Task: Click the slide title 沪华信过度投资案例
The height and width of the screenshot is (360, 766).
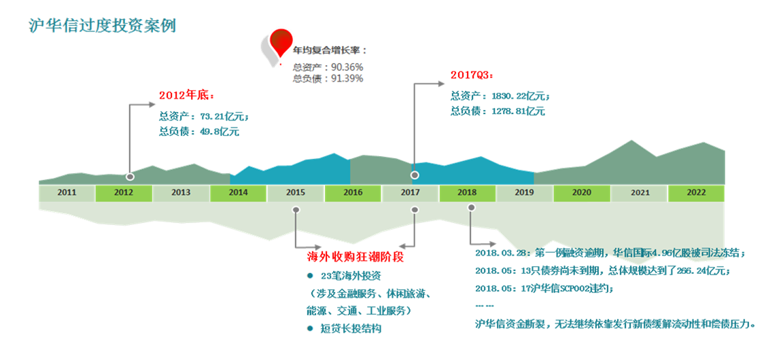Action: coord(102,25)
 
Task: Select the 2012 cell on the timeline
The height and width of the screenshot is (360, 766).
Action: coord(124,192)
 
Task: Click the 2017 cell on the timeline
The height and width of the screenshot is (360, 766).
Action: coord(410,192)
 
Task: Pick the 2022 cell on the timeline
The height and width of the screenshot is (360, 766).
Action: coord(696,192)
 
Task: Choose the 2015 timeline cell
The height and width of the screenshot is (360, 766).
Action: coord(296,192)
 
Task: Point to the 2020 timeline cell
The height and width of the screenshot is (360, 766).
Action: coord(581,192)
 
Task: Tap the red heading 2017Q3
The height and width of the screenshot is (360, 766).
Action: coord(471,75)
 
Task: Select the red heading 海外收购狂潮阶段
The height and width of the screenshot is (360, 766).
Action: coord(355,259)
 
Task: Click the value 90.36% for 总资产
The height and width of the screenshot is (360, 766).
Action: coord(347,67)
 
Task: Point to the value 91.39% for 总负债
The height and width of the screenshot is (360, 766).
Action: coord(347,78)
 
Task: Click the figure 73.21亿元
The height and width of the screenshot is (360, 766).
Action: coord(225,116)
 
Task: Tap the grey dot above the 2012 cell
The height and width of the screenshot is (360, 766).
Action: coord(130,177)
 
